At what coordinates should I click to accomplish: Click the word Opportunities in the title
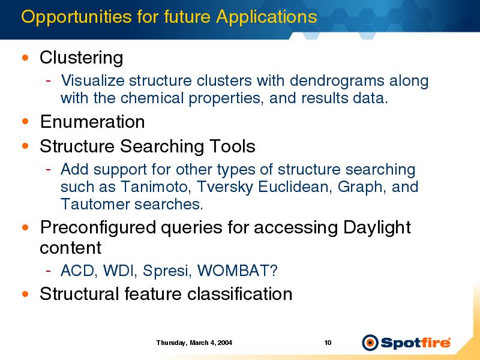pos(76,17)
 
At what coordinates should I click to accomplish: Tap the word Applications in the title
pos(266,17)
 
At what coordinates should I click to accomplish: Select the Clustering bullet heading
pos(82,58)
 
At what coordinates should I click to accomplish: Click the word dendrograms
pos(337,81)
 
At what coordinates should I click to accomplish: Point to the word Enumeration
pos(92,122)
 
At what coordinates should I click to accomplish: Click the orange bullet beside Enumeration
pos(25,121)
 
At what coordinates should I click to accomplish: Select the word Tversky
pos(224,187)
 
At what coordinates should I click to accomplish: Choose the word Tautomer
pos(95,204)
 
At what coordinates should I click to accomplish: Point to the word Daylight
pos(377,228)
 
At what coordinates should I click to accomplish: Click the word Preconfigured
pos(98,228)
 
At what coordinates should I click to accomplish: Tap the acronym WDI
pos(120,271)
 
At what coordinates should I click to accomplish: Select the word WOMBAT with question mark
pos(237,271)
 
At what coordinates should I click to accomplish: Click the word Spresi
pos(167,271)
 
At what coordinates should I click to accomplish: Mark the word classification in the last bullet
pos(239,294)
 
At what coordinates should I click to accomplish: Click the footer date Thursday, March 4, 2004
pos(194,343)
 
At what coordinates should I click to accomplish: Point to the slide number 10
pos(328,343)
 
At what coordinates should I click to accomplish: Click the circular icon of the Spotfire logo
pos(370,343)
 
